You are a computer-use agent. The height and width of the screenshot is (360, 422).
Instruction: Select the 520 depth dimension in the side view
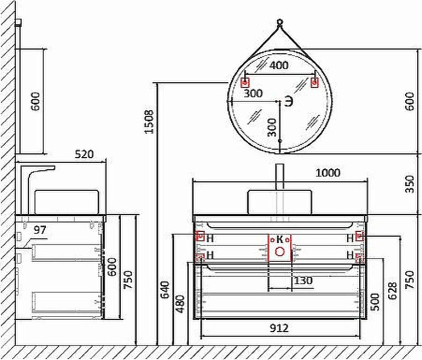84,154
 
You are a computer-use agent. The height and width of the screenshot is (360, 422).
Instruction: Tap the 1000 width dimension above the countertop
327,173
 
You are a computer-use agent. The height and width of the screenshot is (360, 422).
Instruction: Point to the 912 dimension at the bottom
279,328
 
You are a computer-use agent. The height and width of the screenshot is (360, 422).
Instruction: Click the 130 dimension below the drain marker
303,281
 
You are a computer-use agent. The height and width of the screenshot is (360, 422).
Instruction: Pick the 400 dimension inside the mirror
279,66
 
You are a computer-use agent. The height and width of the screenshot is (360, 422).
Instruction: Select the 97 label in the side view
41,230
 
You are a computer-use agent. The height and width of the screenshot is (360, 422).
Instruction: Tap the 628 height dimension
391,292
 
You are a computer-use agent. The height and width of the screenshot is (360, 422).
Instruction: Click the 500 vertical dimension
375,302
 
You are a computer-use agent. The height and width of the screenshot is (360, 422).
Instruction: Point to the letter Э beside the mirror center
289,101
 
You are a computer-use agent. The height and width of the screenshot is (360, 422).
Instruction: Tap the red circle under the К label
280,251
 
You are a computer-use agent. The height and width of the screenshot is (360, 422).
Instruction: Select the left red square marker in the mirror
245,83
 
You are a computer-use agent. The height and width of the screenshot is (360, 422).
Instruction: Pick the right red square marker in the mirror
314,83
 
